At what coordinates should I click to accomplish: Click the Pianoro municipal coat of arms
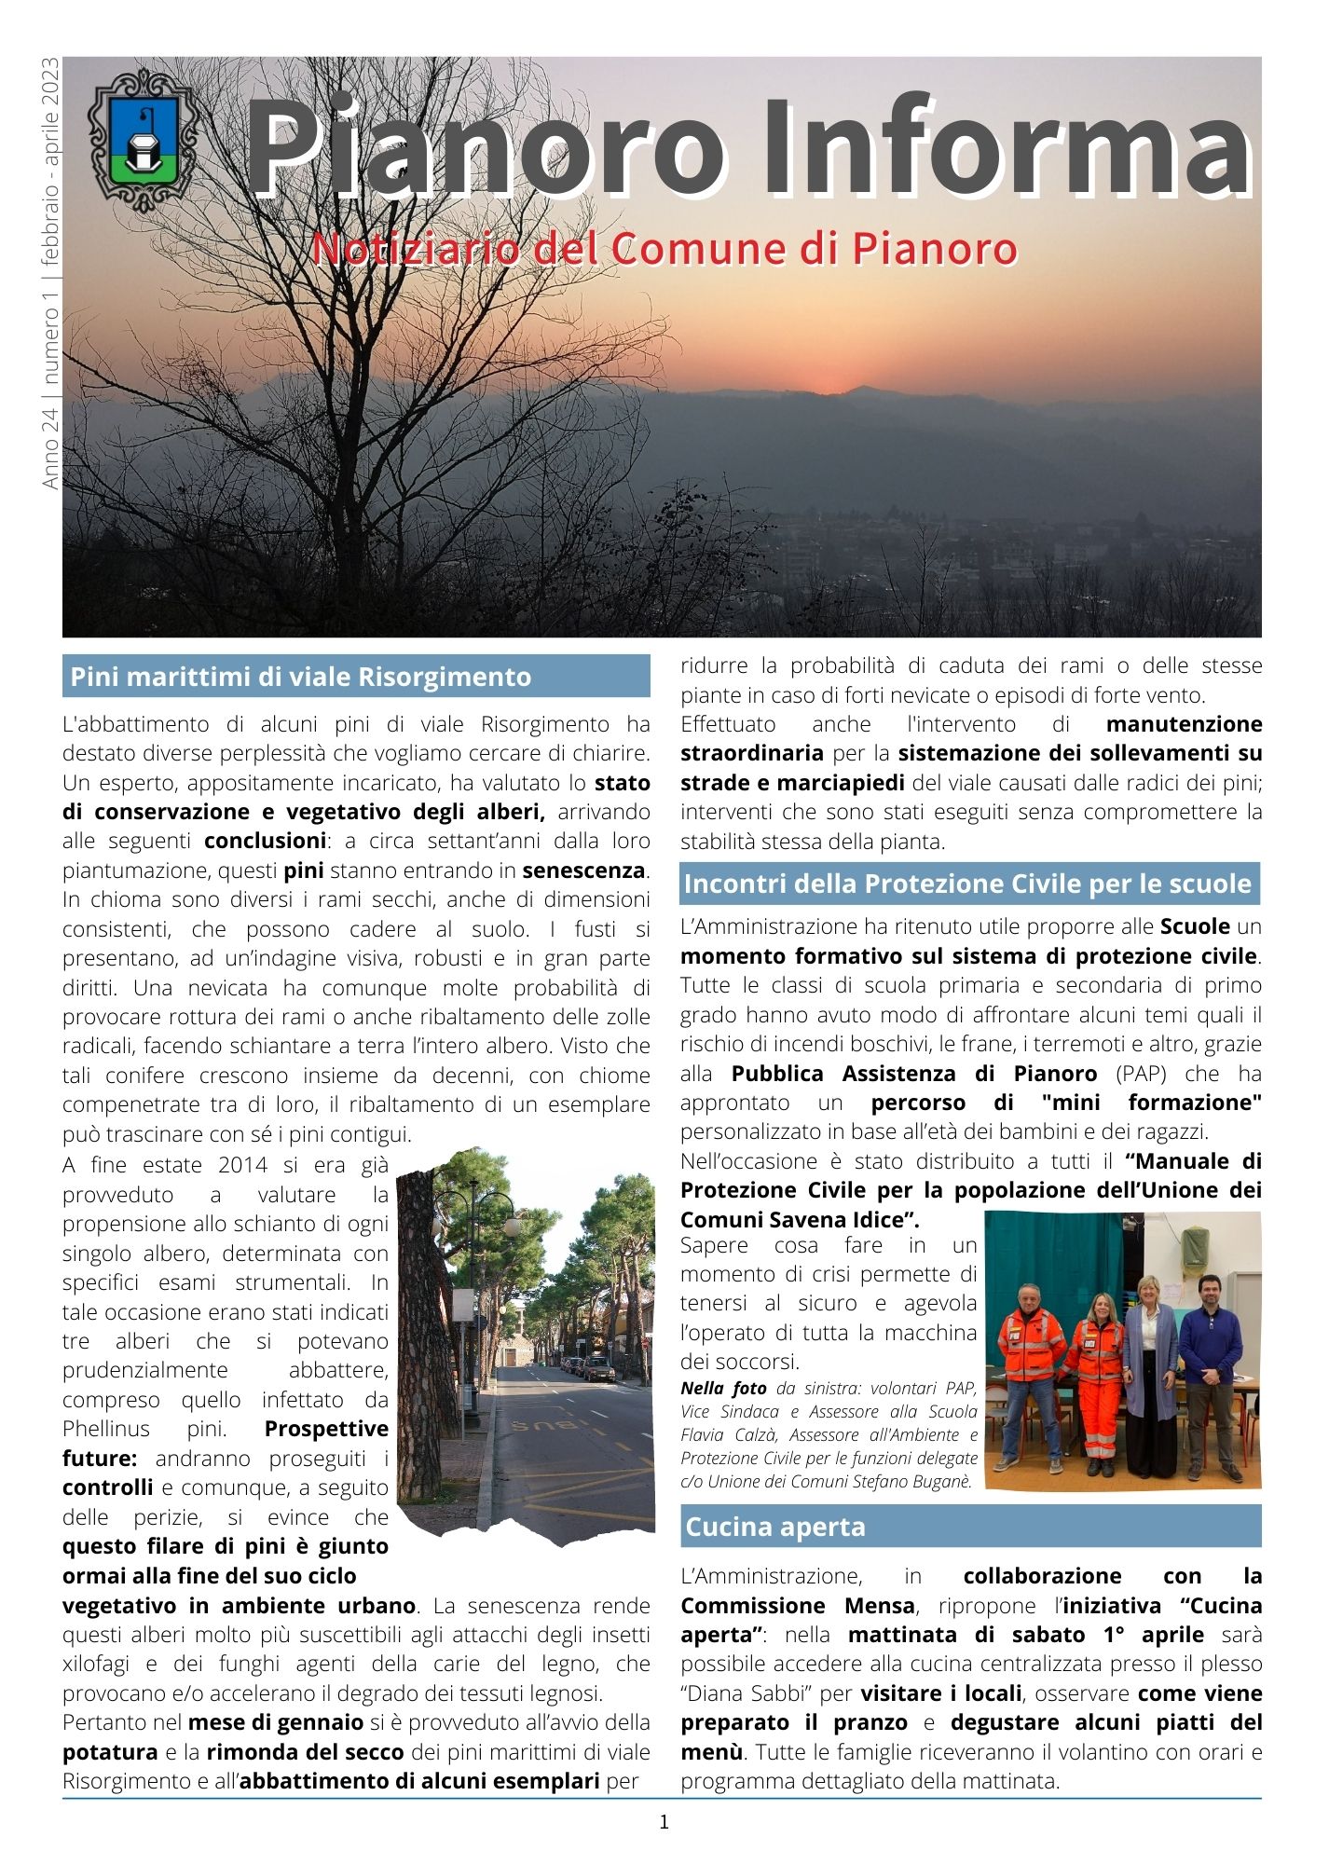pos(142,138)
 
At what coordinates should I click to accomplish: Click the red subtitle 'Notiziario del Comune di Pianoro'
pos(664,249)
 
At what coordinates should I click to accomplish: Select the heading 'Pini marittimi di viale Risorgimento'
pos(301,677)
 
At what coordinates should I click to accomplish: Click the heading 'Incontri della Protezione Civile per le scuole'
pos(967,884)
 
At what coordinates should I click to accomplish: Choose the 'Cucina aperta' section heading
pos(775,1527)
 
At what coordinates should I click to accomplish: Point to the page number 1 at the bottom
pos(664,1821)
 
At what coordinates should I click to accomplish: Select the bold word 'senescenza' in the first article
pos(583,870)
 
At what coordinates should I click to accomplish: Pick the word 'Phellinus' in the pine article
pos(108,1429)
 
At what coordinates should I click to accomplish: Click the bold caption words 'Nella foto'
pos(723,1389)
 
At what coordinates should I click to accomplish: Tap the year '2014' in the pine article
pos(243,1165)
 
